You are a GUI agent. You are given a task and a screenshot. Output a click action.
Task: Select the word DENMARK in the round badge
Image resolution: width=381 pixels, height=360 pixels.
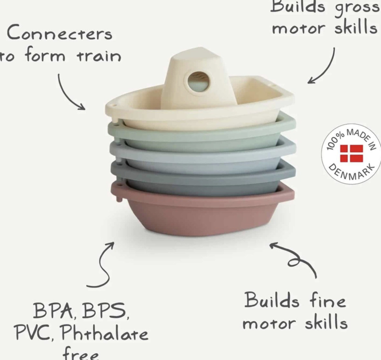[352, 173]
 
